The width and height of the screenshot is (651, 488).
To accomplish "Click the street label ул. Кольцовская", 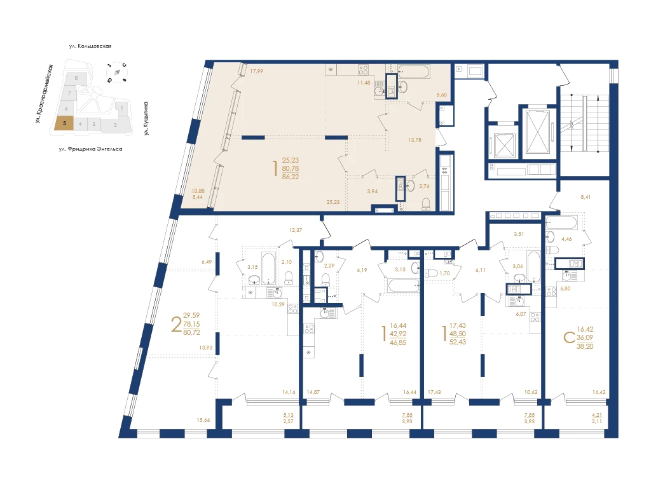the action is pyautogui.click(x=90, y=46).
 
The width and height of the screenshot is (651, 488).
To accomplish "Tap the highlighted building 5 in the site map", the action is pyautogui.click(x=64, y=123).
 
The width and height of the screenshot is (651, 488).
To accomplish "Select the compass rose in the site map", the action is pyautogui.click(x=117, y=72).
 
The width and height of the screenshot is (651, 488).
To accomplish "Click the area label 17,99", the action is pyautogui.click(x=257, y=71).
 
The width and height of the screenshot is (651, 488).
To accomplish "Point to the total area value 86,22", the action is pyautogui.click(x=290, y=177).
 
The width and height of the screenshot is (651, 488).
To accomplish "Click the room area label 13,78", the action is pyautogui.click(x=415, y=140).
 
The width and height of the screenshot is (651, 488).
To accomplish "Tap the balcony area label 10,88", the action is pyautogui.click(x=198, y=191).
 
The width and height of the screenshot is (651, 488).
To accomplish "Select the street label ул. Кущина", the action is pyautogui.click(x=146, y=119).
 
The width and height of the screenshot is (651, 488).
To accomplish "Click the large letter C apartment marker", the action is pyautogui.click(x=569, y=338).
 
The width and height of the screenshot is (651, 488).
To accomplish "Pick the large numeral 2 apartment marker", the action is pyautogui.click(x=177, y=324).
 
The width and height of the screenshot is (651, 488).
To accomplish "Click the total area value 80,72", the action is pyautogui.click(x=191, y=332).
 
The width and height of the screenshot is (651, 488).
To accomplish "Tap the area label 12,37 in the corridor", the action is pyautogui.click(x=296, y=230).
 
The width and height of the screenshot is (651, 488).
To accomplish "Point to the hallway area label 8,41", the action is pyautogui.click(x=586, y=197).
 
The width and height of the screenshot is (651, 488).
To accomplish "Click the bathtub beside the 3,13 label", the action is pyautogui.click(x=404, y=285).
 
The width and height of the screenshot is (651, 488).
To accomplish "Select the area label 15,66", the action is pyautogui.click(x=203, y=420).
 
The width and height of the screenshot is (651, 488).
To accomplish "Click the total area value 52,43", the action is pyautogui.click(x=458, y=342).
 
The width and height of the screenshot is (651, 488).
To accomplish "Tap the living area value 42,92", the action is pyautogui.click(x=398, y=334).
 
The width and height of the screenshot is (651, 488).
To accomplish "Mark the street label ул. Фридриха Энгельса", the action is pyautogui.click(x=90, y=149).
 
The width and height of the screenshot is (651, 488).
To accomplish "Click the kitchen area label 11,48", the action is pyautogui.click(x=364, y=83).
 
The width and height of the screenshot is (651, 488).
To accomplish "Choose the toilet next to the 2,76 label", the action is pyautogui.click(x=425, y=204).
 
